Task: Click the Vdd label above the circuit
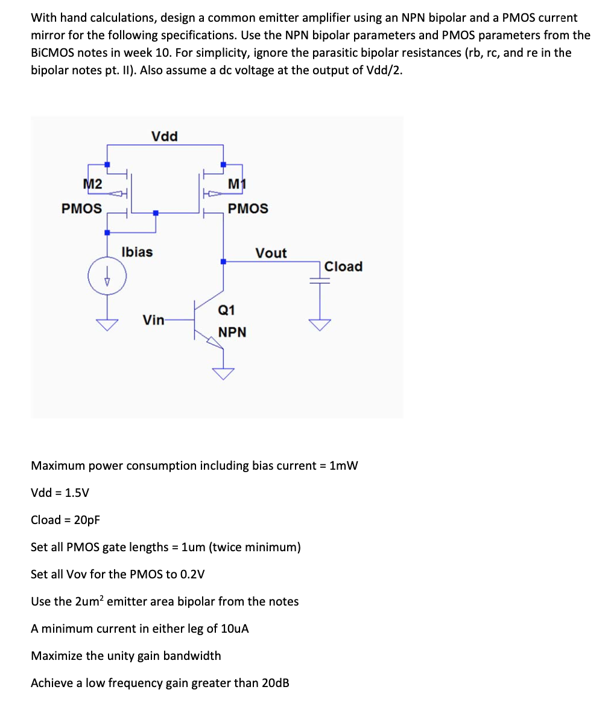pos(164,136)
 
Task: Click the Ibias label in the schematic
pos(137,252)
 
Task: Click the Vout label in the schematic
pos(271,253)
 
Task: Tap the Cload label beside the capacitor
pos(343,266)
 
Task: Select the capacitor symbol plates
pos(320,280)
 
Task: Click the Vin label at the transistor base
pos(153,319)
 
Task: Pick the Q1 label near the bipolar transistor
pos(226,310)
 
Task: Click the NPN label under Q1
pos(232,332)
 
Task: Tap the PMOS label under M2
pos(81,208)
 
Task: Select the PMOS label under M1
pos(248,208)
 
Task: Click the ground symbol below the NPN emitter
pos(223,374)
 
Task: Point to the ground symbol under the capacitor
pos(320,325)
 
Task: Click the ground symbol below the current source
pos(107,325)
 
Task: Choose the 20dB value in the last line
pos(276,683)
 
